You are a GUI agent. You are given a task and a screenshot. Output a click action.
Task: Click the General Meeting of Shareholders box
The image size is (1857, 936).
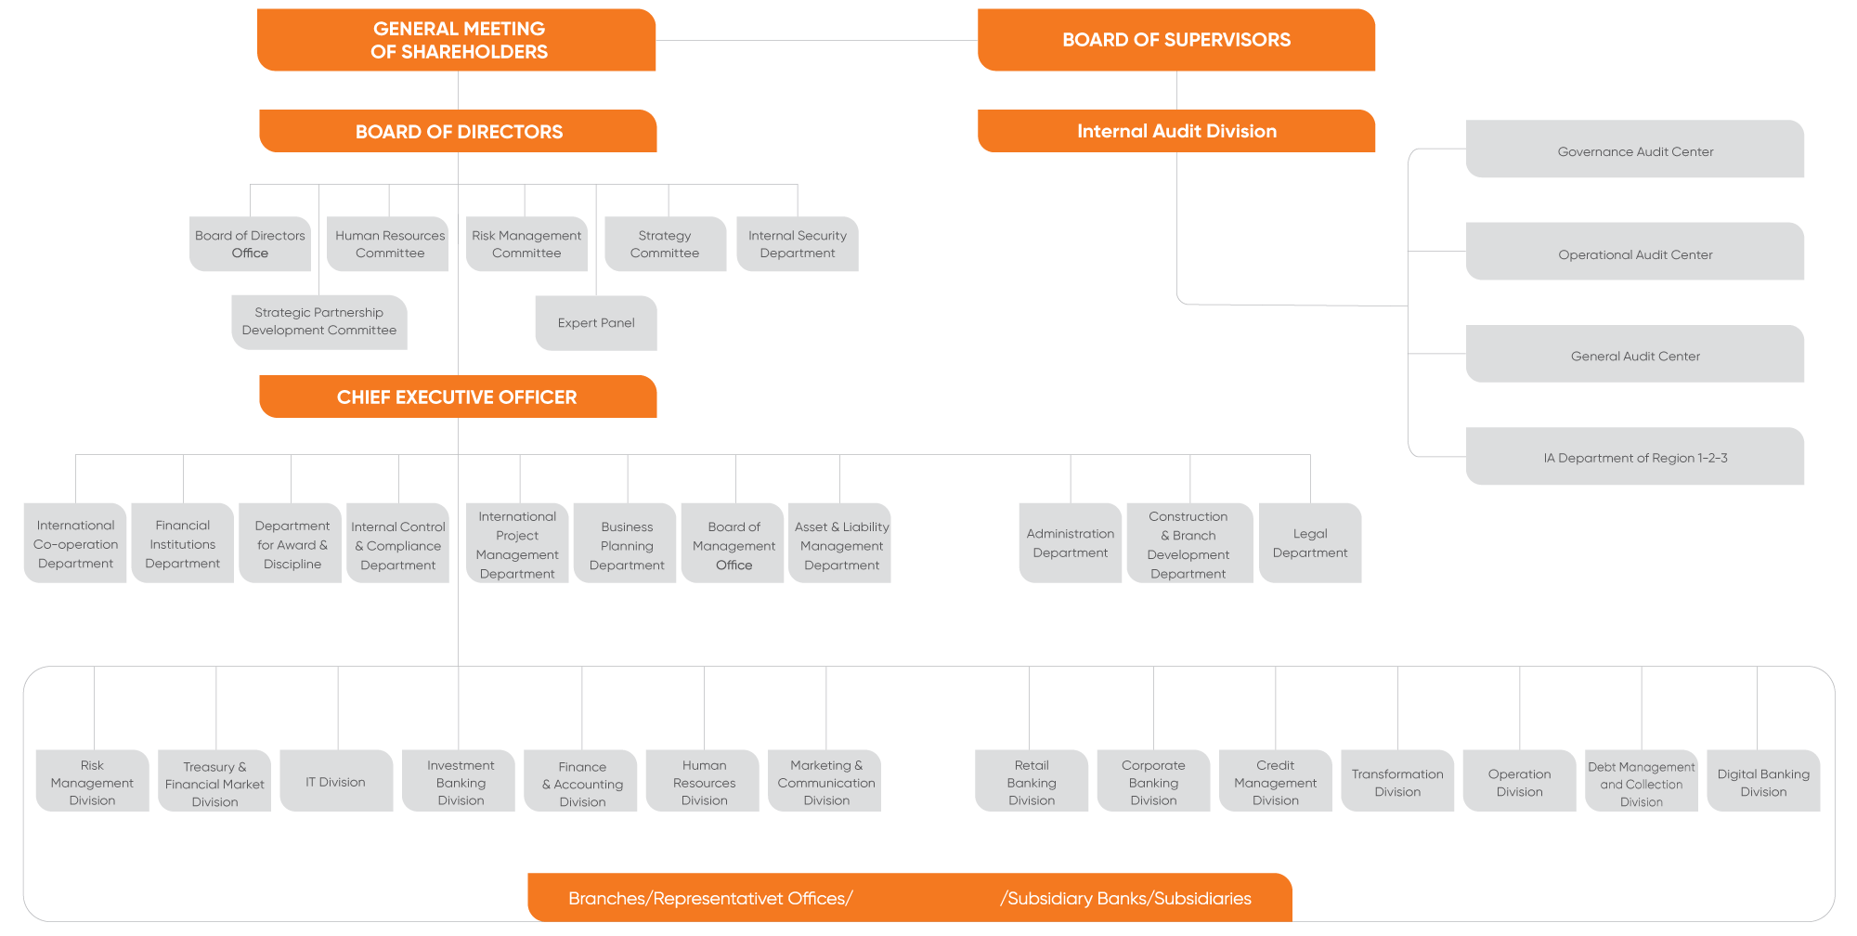[457, 40]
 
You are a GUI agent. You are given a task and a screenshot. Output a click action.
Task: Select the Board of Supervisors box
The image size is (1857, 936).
[1176, 40]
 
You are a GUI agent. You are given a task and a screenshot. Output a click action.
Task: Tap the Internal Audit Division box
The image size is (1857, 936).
[1176, 131]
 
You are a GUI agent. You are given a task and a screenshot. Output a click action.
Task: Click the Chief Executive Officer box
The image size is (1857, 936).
[458, 396]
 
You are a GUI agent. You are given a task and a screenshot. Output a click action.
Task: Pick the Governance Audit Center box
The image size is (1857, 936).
[1635, 149]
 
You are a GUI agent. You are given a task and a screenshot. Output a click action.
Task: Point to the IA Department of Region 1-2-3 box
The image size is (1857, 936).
[1635, 456]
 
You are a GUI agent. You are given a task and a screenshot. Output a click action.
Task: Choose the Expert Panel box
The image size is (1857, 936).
[596, 323]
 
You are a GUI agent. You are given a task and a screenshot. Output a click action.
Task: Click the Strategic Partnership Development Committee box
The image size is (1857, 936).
[319, 322]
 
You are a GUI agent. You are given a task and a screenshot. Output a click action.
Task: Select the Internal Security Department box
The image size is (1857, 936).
[798, 244]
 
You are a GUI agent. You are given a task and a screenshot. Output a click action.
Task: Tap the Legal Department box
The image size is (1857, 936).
[1310, 543]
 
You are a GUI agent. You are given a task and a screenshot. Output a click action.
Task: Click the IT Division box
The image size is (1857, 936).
[336, 781]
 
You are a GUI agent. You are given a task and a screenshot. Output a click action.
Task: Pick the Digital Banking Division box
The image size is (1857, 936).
[1763, 781]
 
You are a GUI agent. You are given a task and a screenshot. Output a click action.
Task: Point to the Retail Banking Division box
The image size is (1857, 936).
[1032, 781]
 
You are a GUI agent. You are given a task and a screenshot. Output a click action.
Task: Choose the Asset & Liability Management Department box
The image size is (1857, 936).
[840, 543]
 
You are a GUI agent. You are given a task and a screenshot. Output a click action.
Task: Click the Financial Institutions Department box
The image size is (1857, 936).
[183, 543]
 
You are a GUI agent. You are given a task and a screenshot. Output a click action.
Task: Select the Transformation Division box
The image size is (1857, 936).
[1397, 781]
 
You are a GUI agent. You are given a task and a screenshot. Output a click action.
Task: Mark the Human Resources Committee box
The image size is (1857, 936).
[388, 244]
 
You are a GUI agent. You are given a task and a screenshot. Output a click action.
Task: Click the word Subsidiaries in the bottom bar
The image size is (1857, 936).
[1202, 898]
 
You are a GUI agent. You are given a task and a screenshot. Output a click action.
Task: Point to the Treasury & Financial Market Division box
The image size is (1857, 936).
[214, 781]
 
